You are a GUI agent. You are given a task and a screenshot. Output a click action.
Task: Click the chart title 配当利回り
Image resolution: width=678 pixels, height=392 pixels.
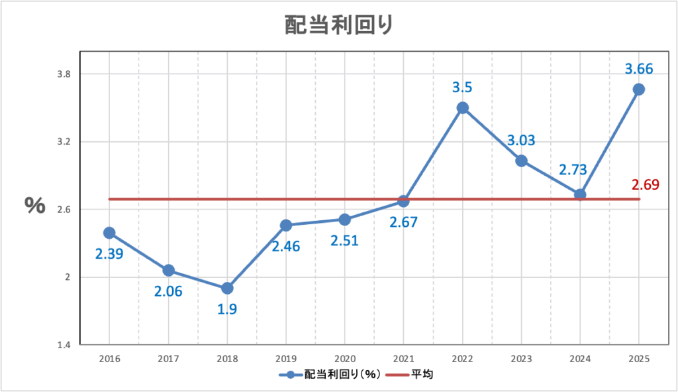338,25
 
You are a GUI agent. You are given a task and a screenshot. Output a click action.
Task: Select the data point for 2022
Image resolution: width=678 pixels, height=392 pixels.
463,108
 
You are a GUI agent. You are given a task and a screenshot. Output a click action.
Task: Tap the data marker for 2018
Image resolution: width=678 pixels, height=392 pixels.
227,288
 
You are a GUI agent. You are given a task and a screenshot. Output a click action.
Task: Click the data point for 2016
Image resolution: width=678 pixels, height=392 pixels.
109,233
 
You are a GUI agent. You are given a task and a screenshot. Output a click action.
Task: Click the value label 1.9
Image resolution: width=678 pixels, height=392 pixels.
227,309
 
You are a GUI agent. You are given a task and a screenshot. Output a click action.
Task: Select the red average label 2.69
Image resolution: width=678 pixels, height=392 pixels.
645,184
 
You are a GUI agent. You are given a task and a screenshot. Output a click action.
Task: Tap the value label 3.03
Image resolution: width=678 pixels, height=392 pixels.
521,140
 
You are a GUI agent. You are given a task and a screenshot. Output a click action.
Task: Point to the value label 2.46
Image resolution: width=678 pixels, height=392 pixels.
286,247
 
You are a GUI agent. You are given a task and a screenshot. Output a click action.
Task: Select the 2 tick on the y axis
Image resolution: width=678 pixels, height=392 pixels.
66,277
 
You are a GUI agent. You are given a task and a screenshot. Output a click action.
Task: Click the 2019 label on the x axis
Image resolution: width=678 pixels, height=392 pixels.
286,358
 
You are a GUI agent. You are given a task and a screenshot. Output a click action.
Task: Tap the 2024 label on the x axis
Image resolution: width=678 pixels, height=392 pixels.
580,358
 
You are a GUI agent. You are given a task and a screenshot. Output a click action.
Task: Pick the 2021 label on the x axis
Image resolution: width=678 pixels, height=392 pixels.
403,358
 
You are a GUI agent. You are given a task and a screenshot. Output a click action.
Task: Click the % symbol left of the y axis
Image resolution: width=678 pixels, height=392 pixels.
35,205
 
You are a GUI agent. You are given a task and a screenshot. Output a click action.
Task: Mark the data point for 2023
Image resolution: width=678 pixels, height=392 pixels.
521,161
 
